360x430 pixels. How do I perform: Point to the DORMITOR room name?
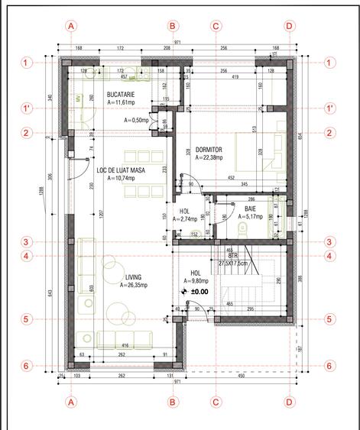click(209, 150)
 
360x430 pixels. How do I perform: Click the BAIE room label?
click(250, 209)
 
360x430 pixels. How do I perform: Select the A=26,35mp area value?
click(135, 286)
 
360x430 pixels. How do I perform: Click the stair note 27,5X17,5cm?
click(232, 263)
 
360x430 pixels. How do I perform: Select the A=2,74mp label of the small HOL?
click(185, 219)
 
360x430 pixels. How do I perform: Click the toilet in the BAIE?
click(243, 228)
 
